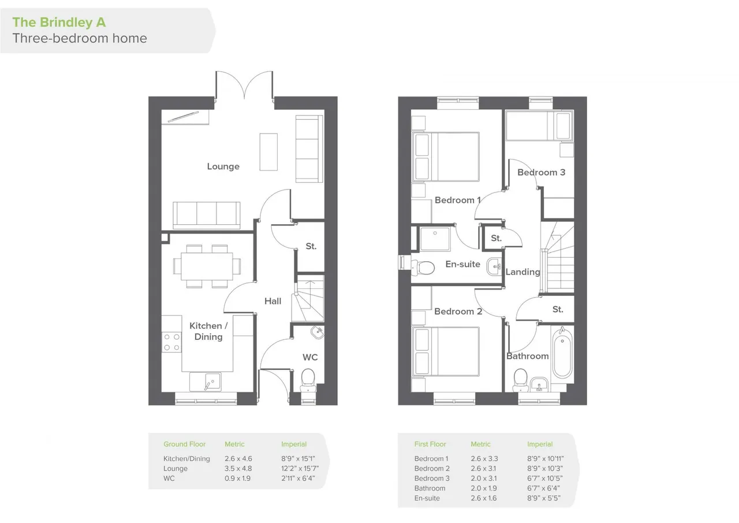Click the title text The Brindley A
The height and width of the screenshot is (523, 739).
[x=59, y=22]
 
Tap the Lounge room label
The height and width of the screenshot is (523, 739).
[x=223, y=166]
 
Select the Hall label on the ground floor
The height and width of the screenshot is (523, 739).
[x=273, y=301]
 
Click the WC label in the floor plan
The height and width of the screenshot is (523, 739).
[x=310, y=357]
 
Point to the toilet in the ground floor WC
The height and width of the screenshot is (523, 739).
[x=308, y=380]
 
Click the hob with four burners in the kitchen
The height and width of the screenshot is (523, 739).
[x=171, y=342]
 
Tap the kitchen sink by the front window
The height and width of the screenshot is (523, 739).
[x=205, y=382]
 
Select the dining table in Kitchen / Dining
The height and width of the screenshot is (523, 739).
[x=207, y=266]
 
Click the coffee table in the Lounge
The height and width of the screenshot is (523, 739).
[x=268, y=152]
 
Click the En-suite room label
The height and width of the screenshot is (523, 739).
[x=462, y=264]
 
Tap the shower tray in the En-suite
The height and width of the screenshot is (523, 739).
[x=435, y=239]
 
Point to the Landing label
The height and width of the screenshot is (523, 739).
[x=522, y=272]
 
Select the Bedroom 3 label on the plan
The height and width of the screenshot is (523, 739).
[x=541, y=172]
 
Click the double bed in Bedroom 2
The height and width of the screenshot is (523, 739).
[x=446, y=351]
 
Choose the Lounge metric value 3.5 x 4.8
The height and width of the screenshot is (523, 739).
[x=238, y=468]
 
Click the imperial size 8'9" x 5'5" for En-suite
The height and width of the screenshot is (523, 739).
[x=543, y=498]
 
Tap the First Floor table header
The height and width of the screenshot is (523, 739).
[x=430, y=444]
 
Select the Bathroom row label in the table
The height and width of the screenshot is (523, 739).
[x=430, y=488]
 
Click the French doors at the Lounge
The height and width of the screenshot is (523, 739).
[x=244, y=85]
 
